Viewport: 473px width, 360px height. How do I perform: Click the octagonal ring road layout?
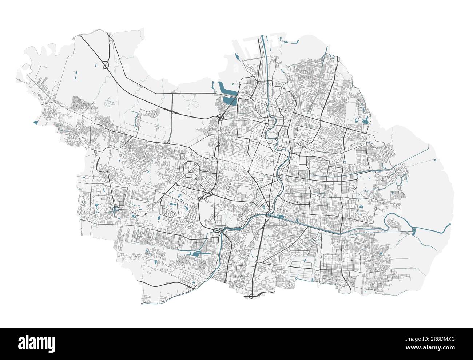click(192, 170)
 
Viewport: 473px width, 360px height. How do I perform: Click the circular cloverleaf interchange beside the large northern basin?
click(221, 118)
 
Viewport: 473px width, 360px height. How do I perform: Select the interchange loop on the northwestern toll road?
click(105, 66)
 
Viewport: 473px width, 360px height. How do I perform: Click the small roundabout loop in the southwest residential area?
click(116, 210)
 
